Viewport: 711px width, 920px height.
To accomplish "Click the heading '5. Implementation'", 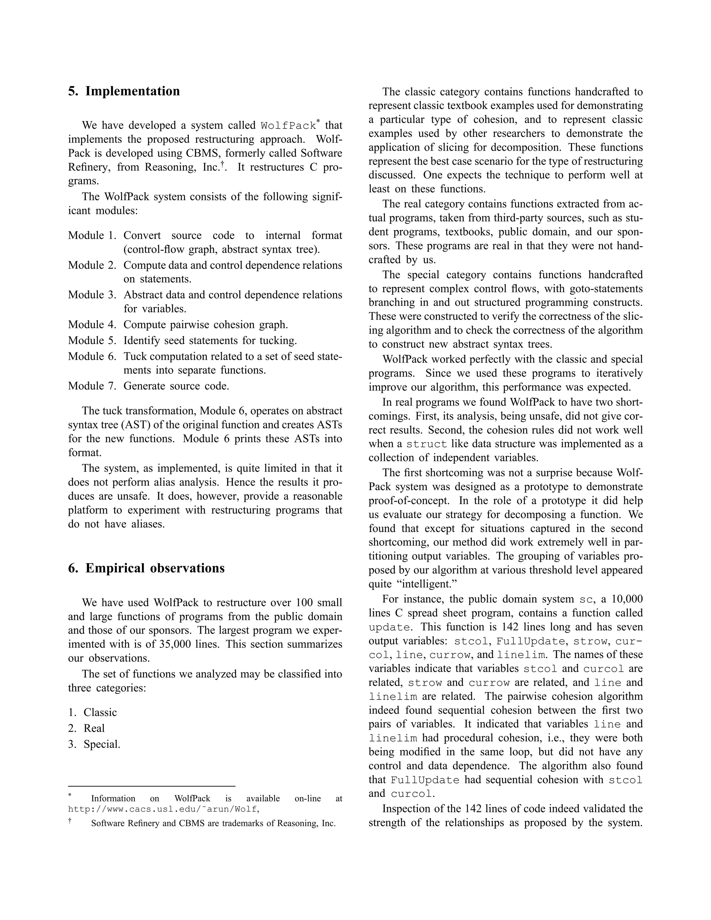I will tap(124, 91).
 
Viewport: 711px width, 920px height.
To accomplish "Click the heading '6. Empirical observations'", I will tap(146, 568).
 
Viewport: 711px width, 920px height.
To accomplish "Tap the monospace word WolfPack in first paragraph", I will tap(288, 126).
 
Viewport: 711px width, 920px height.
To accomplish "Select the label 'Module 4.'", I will tap(92, 325).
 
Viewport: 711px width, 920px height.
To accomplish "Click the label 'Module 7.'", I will tap(92, 386).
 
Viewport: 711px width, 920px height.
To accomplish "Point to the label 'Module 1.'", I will tap(92, 235).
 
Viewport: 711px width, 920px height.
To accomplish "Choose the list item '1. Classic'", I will tap(92, 712).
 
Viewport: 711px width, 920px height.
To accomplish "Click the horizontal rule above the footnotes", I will tap(152, 786).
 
